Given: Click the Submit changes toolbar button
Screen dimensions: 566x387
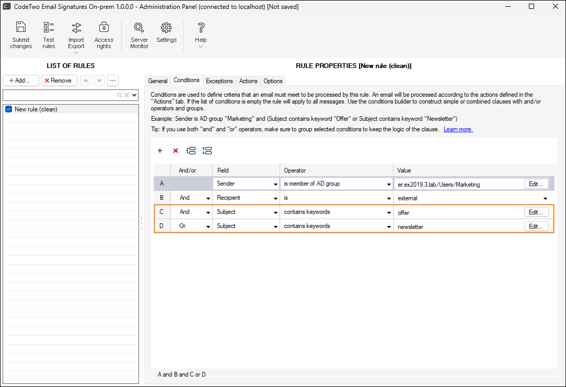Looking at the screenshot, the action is point(21,35).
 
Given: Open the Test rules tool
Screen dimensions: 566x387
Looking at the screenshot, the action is point(49,35).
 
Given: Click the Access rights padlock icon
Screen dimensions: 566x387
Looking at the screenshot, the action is point(104,27).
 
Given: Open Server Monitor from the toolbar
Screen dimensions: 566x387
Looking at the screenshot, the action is point(140,35).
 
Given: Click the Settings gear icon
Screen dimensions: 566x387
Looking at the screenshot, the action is point(166,28).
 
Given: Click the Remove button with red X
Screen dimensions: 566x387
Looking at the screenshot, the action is point(60,81).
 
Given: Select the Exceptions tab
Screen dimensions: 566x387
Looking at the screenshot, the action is point(219,81).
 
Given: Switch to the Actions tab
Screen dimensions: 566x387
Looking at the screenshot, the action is point(248,81).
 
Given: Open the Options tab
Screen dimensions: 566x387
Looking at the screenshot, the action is point(273,81).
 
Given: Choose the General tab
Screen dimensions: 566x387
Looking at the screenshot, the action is point(158,81).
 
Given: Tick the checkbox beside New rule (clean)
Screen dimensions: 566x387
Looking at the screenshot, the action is point(9,109).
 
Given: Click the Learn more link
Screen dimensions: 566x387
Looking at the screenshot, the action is point(458,129).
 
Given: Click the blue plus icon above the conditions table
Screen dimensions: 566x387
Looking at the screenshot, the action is point(160,151).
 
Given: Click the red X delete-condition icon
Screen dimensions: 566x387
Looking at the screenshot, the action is point(176,151).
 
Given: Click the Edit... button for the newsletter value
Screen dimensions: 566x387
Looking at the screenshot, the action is point(536,226).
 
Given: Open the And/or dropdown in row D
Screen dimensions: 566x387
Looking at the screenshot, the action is point(209,226).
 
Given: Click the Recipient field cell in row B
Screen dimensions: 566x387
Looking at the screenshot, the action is point(246,198).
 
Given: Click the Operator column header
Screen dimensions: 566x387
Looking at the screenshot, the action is point(295,170).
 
